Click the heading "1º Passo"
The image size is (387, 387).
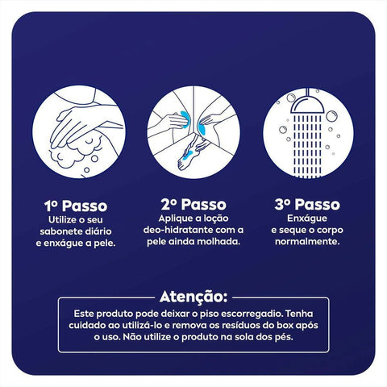point(77,205)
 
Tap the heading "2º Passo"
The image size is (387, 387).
point(193,205)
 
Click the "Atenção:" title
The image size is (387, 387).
point(193,295)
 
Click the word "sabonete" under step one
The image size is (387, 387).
point(64,231)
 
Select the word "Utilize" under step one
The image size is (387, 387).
point(64,218)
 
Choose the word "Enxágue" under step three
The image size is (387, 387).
point(309,218)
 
